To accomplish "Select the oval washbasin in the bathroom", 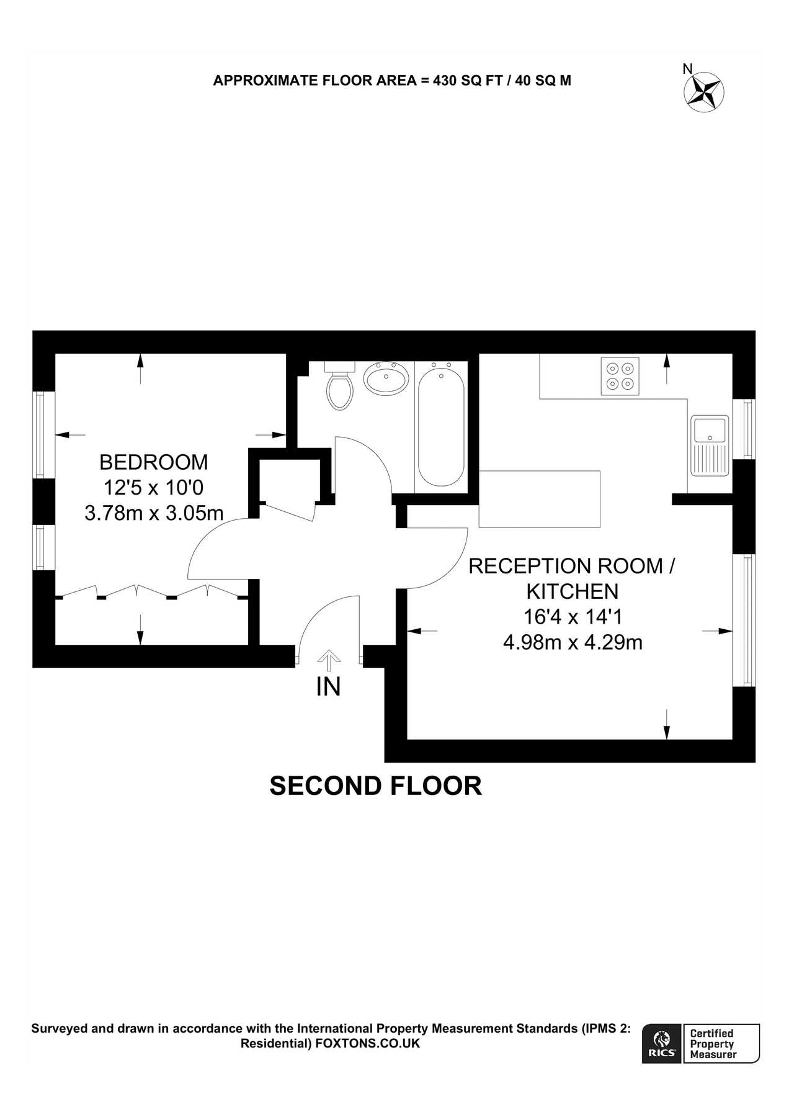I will pyautogui.click(x=386, y=378).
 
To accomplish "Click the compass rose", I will pyautogui.click(x=705, y=92).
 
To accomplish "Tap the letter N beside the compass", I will pyautogui.click(x=687, y=69).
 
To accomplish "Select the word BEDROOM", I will pyautogui.click(x=154, y=462).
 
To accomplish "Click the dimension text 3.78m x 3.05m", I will pyautogui.click(x=154, y=513).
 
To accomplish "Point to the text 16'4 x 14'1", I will pyautogui.click(x=572, y=616).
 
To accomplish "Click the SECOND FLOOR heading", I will pyautogui.click(x=375, y=786).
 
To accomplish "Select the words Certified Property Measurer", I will pyautogui.click(x=713, y=1044).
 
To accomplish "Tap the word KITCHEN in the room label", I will pyautogui.click(x=572, y=591).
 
